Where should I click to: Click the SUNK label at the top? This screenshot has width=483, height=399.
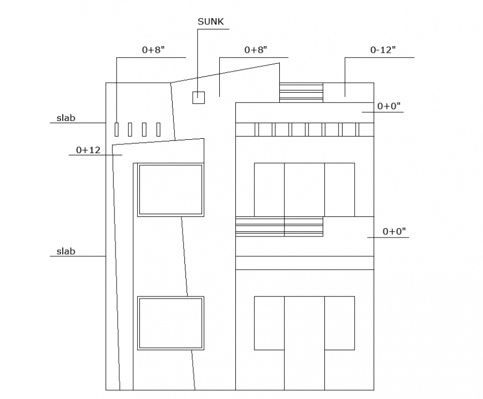point(210,22)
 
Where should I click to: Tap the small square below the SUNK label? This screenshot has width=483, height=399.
point(198,98)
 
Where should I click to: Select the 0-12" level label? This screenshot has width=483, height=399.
point(383,50)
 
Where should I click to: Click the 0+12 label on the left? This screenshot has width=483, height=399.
point(88,150)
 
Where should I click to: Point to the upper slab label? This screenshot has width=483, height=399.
point(66,118)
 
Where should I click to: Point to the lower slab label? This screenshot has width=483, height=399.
point(66,251)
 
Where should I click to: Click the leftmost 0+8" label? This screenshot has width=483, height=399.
point(153,50)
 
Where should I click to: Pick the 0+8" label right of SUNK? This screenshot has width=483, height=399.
point(256,50)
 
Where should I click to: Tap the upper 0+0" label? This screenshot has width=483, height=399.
point(389,106)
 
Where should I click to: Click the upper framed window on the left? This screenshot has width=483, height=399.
point(170,190)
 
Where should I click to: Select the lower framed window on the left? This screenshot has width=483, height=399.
point(170,323)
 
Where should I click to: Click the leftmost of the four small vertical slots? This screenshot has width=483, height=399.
point(117,129)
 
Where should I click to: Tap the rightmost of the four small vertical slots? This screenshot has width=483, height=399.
point(159,129)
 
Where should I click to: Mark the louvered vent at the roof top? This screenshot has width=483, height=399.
point(301,92)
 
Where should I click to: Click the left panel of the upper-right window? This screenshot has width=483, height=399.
point(269,189)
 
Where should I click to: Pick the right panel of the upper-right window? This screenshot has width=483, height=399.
point(339,189)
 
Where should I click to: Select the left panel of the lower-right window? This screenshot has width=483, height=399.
point(269,323)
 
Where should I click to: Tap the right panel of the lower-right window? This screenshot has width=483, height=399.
point(339,323)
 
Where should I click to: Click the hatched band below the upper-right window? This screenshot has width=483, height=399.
point(279,227)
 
